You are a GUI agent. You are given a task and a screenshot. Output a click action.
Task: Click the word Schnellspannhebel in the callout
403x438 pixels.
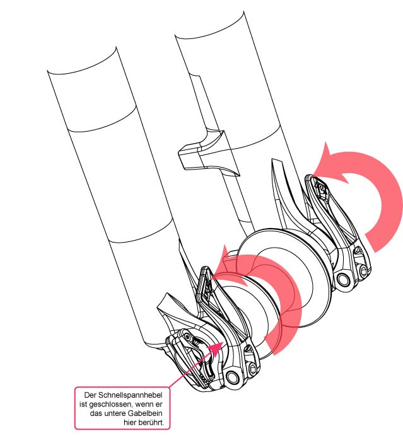point(131,395)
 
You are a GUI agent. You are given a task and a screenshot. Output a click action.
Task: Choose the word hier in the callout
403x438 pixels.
point(130,422)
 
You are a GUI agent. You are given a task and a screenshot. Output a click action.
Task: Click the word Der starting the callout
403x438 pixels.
point(90,395)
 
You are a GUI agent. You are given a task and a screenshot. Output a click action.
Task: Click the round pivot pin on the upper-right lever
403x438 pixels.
point(343,279)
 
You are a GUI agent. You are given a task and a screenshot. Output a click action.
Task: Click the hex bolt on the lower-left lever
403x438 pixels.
point(252,369)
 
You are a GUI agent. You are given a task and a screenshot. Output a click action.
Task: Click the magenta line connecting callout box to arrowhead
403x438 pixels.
point(189,369)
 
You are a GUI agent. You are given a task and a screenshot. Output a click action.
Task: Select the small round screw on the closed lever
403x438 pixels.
point(187,337)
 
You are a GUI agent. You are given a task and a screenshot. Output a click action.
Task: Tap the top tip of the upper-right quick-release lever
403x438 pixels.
point(308,175)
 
